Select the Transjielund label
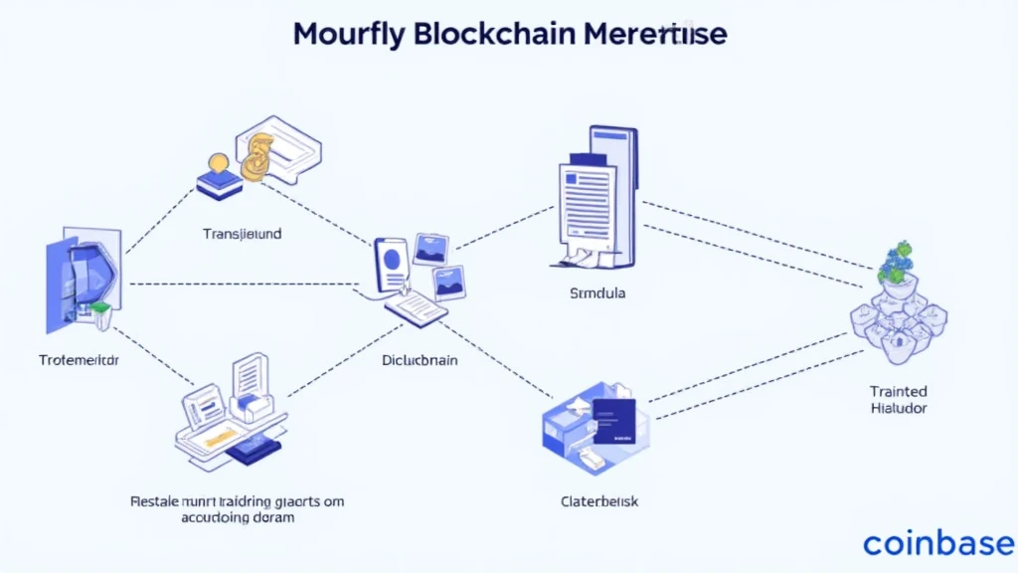(242, 235)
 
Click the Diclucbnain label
(420, 360)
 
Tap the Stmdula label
(596, 294)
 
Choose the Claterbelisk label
(599, 501)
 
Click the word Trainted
(898, 391)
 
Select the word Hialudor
(898, 408)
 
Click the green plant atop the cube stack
(897, 262)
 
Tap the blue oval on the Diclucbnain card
(394, 259)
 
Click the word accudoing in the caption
(214, 518)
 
